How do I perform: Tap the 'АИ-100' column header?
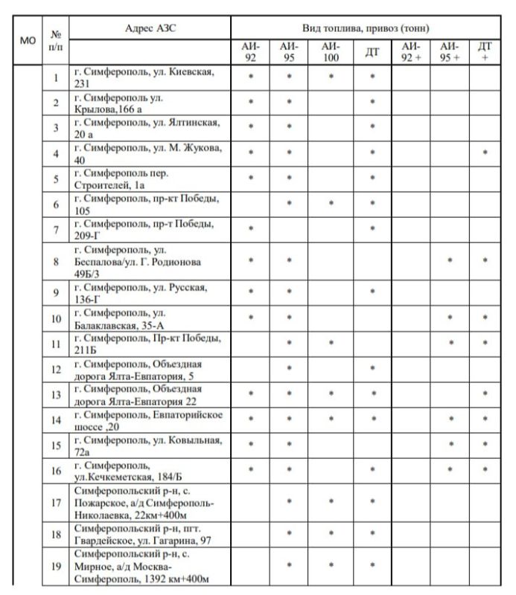[x=330, y=52]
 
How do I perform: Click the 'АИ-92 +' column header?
[x=411, y=52]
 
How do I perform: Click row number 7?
[x=56, y=229]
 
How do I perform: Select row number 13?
[x=56, y=393]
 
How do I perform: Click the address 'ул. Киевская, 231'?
[x=149, y=77]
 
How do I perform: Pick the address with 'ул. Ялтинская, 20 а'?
[x=149, y=127]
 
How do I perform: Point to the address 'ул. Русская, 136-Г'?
[x=149, y=292]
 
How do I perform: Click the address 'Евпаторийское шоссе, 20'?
[x=149, y=419]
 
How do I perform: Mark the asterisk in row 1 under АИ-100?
[x=330, y=77]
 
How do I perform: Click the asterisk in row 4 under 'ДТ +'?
[x=485, y=153]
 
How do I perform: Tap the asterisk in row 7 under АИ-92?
[x=251, y=229]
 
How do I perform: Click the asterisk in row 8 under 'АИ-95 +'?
[x=449, y=261]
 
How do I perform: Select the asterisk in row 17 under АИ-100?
[x=330, y=501]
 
